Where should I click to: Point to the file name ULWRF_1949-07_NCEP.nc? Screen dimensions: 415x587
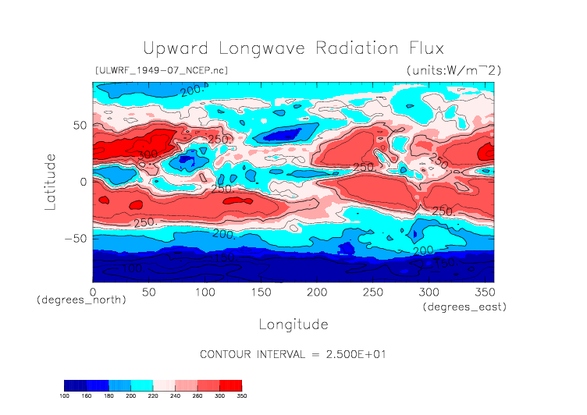[x=162, y=70]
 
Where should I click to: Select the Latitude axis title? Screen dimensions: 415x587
[x=51, y=181]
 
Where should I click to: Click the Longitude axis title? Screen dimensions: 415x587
[x=293, y=324]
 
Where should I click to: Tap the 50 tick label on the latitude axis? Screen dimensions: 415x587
[x=79, y=125]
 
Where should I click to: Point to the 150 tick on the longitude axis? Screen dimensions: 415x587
[x=260, y=292]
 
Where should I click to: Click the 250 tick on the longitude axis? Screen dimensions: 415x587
[x=372, y=292]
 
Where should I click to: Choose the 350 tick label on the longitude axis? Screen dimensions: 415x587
[x=483, y=292]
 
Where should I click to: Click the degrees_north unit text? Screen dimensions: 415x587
[x=81, y=300]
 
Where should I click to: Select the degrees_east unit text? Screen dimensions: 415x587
[x=464, y=307]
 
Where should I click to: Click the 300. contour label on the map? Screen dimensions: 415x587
[x=148, y=155]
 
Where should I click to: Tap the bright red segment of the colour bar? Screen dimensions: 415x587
[x=230, y=385]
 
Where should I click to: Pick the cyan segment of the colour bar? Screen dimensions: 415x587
[x=142, y=385]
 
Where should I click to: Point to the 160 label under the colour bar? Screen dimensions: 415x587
[x=87, y=396]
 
